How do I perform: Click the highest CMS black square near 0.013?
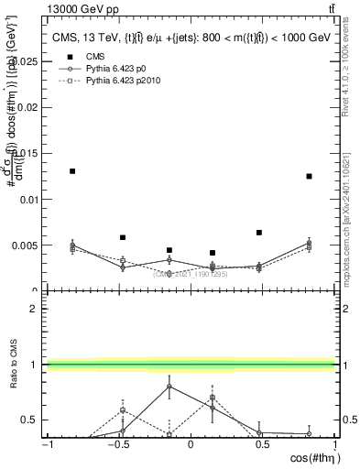click(72, 171)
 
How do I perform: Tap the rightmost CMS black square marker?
click(310, 176)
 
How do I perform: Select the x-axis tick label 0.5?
click(261, 444)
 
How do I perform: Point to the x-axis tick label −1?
click(45, 444)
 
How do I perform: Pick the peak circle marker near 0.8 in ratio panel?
click(169, 387)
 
